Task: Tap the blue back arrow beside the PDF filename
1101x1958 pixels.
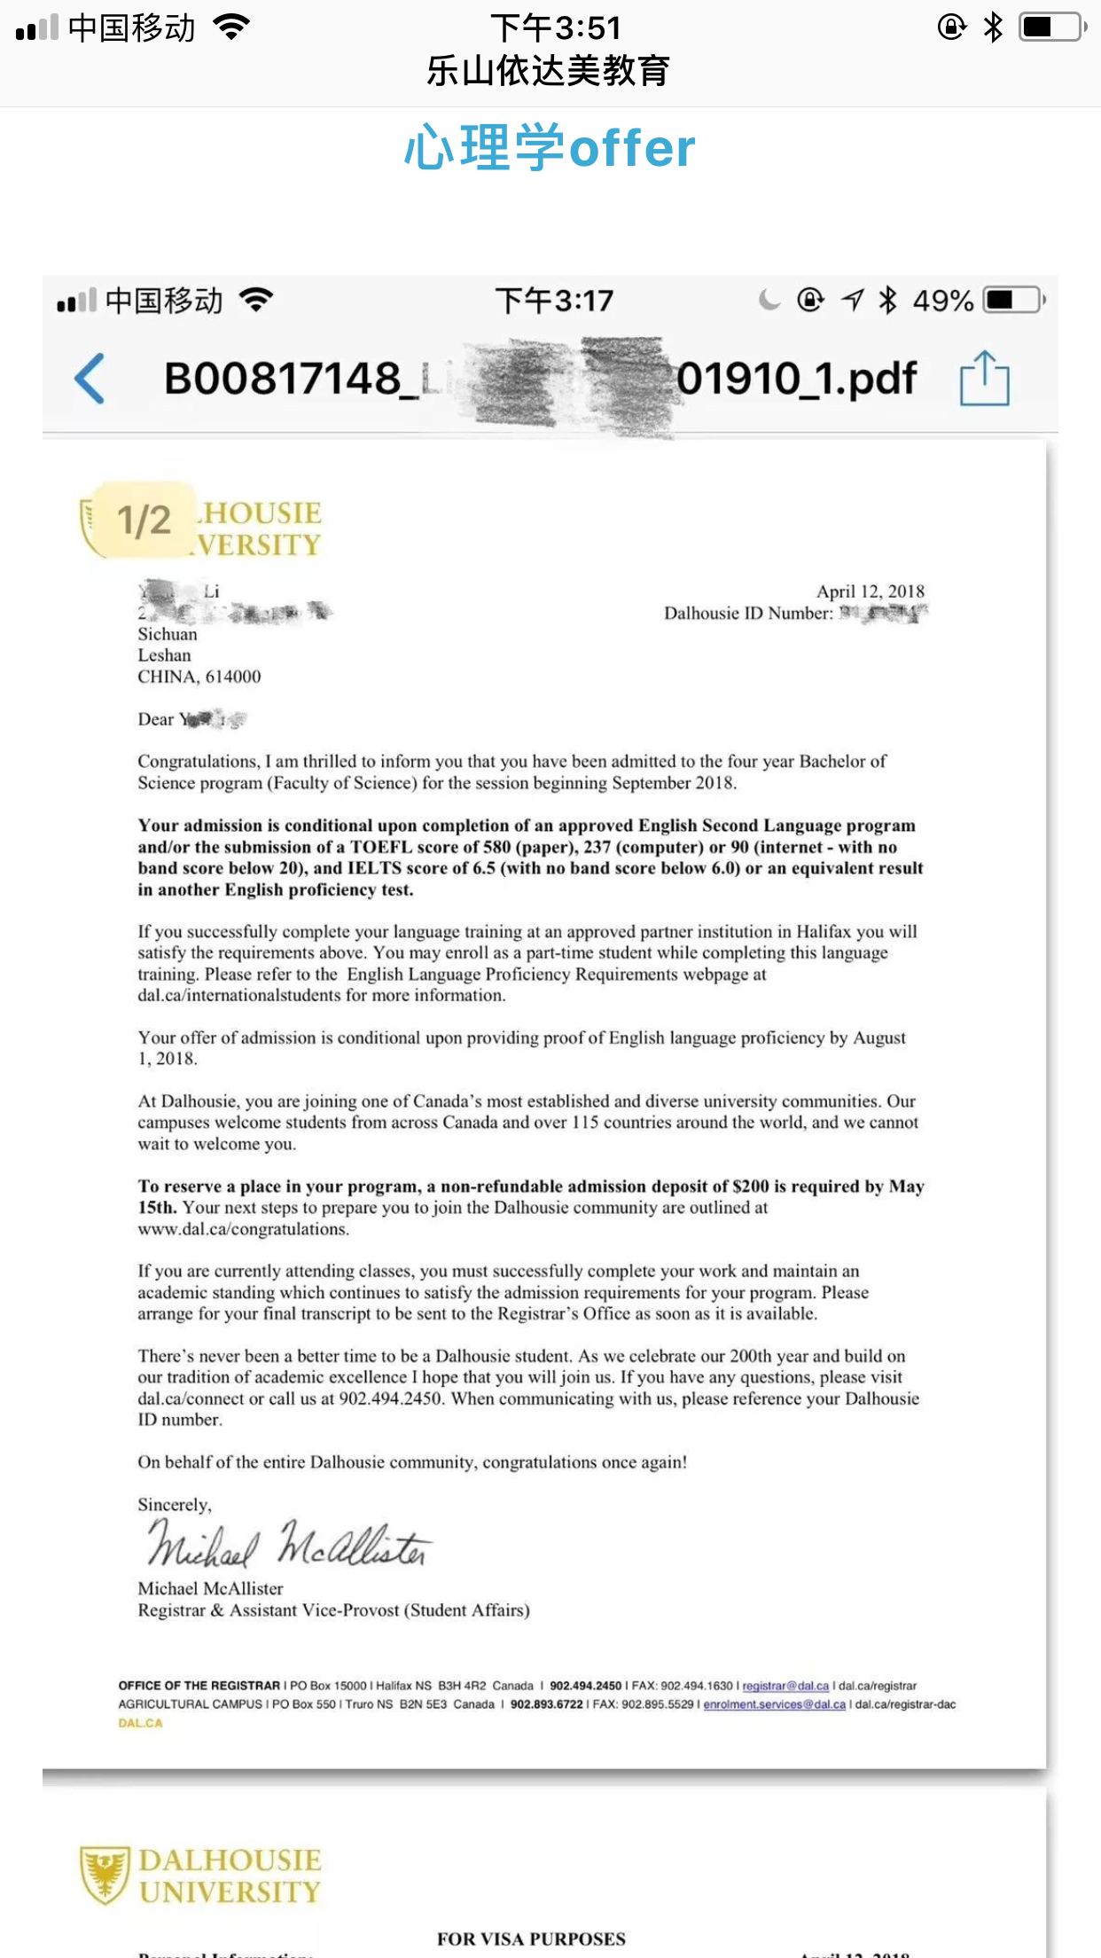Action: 90,379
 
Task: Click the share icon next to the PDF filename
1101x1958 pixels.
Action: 984,379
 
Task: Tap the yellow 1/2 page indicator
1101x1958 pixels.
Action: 144,520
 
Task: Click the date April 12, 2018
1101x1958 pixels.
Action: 870,591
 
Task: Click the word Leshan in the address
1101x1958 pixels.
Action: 164,655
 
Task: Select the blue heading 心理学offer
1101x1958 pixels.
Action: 550,148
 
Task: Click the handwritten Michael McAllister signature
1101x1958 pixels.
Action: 288,1544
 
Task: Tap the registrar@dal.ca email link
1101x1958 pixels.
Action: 785,1686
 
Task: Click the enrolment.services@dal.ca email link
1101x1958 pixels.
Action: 774,1704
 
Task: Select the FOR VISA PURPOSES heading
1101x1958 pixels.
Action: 531,1939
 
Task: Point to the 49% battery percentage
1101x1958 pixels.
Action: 943,302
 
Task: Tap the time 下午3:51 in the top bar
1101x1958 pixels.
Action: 556,28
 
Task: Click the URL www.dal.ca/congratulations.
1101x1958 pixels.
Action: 243,1229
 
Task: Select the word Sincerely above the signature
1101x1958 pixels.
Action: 174,1505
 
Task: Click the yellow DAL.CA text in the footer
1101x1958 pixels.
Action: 141,1723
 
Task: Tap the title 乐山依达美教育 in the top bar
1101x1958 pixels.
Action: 549,71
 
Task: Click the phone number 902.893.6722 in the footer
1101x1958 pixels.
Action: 546,1704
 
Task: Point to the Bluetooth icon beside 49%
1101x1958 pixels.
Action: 887,301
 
